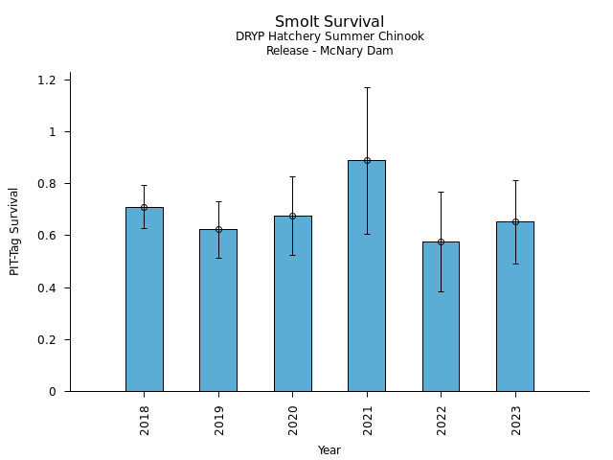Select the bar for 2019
click(x=218, y=310)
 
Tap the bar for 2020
click(x=292, y=304)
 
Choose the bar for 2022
click(x=441, y=316)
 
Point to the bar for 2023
click(x=515, y=307)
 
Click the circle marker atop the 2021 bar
click(x=367, y=160)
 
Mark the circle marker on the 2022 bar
click(x=441, y=241)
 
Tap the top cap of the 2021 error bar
click(x=367, y=87)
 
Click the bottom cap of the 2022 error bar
click(x=441, y=291)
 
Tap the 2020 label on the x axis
click(x=293, y=420)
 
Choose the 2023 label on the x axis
click(x=516, y=420)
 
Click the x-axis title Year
click(x=329, y=450)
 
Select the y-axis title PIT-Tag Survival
click(x=14, y=231)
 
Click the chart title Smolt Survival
click(x=329, y=22)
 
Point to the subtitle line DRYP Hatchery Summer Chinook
click(x=329, y=37)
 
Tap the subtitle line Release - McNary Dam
click(x=329, y=51)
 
